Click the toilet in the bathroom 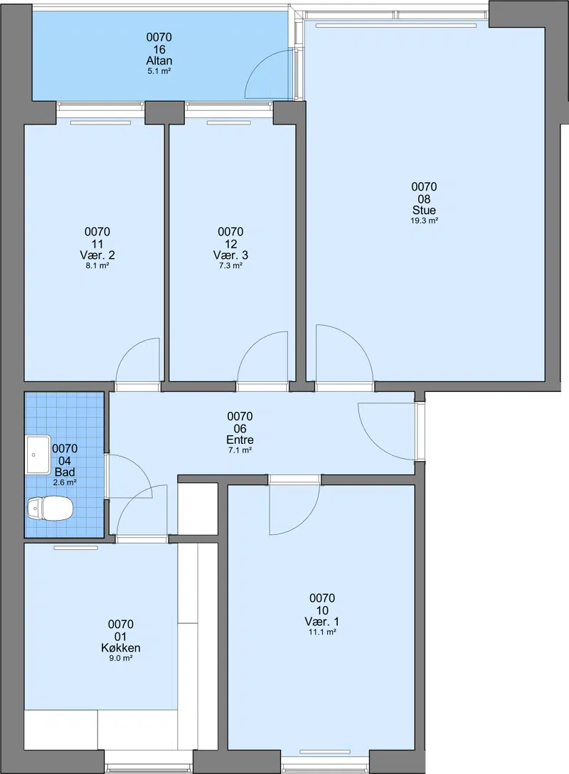click(50, 509)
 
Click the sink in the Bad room click(38, 454)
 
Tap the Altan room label click(159, 60)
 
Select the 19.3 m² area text click(425, 221)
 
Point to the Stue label click(425, 211)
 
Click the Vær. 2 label click(97, 255)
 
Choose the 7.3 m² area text click(230, 265)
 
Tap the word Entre click(240, 440)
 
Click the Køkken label click(121, 647)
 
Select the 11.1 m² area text click(322, 632)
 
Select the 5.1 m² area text click(159, 71)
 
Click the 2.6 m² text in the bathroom click(65, 483)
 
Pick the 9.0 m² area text click(121, 658)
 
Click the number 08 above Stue click(425, 199)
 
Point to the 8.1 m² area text click(97, 265)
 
